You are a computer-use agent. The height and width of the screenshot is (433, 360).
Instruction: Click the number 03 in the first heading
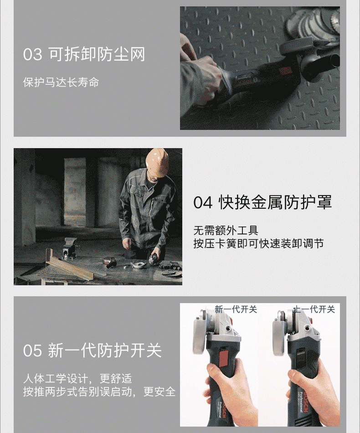[32, 54]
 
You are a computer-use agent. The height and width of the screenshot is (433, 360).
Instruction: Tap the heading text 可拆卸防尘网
[97, 54]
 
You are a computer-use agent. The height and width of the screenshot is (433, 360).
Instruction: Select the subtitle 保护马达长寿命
[61, 82]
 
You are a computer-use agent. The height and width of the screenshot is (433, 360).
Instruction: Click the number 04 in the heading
[203, 202]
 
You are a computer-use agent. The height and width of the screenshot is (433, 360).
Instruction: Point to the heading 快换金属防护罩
[275, 202]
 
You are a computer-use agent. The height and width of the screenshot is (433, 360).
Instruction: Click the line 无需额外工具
[226, 230]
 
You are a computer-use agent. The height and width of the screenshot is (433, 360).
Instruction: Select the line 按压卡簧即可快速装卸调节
[258, 243]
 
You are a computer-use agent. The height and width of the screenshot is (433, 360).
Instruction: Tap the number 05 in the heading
[32, 351]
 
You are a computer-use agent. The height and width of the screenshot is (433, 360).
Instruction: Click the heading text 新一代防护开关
[105, 351]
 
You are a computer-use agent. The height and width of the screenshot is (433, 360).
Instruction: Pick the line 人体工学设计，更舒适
[77, 379]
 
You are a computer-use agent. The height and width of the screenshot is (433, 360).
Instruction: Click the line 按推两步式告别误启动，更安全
[99, 392]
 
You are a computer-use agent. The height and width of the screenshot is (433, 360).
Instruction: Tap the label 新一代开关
[236, 309]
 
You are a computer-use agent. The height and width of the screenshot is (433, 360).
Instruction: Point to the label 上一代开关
[314, 309]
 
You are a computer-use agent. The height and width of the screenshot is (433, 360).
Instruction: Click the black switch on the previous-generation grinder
[301, 355]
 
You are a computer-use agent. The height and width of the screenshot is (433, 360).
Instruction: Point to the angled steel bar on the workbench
[68, 265]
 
